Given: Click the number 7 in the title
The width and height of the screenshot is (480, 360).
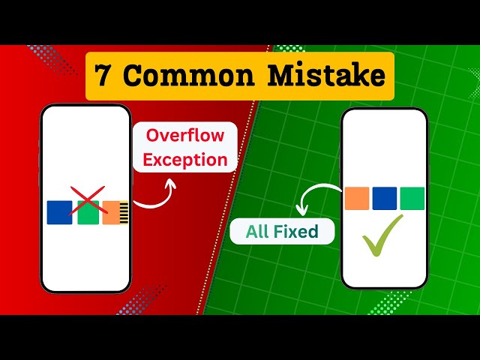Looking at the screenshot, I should pos(106,76).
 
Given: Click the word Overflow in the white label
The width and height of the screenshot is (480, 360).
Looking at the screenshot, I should pos(185,136).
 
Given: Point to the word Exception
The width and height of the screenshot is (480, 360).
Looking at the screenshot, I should pos(185,159).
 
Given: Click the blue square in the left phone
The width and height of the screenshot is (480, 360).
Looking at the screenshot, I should pos(59,212).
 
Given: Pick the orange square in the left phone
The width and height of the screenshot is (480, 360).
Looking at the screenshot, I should pos(112,212).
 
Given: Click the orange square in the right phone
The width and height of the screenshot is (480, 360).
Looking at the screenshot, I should pos(357,198).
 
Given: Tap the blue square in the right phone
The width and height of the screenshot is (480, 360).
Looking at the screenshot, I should pos(384,198).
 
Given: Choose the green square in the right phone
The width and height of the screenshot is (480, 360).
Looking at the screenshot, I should pos(412,198).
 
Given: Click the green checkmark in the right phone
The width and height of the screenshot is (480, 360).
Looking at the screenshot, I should pos(382,235).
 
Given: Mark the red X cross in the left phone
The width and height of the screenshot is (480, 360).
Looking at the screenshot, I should pos(88,203).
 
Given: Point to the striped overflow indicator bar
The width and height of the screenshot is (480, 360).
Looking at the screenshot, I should pos(124,212).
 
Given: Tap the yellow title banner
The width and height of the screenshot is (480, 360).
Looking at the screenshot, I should pos(239,76).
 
